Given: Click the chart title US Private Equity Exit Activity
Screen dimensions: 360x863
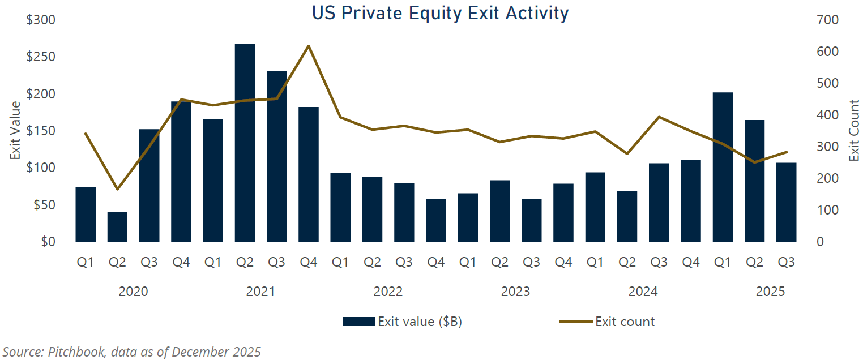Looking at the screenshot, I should coord(439,13).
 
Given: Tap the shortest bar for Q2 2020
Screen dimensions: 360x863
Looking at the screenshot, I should coord(117,227).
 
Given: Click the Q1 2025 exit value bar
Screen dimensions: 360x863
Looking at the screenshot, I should coord(722,167).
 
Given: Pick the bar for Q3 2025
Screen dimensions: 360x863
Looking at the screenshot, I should coord(786,202).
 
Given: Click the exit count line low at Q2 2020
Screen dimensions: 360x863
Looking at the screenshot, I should coord(117,189).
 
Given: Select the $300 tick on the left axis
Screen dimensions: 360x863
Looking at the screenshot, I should coord(41,20).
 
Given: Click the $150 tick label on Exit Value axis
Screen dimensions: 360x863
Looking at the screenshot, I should coord(41,131).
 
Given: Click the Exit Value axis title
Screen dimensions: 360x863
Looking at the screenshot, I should coord(15,130).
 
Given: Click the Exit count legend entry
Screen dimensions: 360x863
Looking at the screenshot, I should coord(606,322).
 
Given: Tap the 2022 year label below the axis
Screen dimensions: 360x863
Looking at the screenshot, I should coord(388,292).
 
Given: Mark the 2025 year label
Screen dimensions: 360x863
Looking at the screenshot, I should coord(771,292).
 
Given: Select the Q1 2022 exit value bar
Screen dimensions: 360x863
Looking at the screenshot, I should coord(340,207).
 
